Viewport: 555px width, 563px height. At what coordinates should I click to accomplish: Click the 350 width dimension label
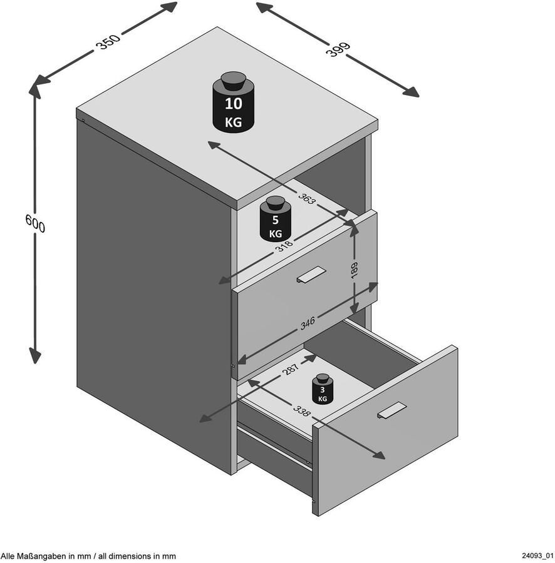[108, 42]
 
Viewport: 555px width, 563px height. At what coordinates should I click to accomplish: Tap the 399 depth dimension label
[338, 49]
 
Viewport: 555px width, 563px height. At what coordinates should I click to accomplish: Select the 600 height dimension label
[35, 223]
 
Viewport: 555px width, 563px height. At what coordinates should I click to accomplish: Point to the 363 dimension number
[306, 198]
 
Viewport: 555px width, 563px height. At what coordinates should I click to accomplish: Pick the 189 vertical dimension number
[354, 270]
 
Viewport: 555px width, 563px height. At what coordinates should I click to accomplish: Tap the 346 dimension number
[308, 323]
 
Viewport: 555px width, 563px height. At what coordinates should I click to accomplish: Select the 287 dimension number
[291, 369]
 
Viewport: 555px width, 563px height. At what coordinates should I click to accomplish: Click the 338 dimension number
[301, 411]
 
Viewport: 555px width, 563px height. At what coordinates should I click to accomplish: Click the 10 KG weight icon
[233, 102]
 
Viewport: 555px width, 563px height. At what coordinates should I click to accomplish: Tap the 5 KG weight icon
[276, 219]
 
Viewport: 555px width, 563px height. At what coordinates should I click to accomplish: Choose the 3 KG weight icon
[323, 389]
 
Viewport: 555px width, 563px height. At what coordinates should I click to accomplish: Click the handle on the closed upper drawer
[311, 275]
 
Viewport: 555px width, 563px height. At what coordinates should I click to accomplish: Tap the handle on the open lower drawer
[392, 410]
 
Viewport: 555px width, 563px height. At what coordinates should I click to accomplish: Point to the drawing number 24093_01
[537, 556]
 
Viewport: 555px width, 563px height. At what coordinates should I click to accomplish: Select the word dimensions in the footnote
[132, 557]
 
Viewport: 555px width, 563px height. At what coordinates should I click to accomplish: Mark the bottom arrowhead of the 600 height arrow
[35, 355]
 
